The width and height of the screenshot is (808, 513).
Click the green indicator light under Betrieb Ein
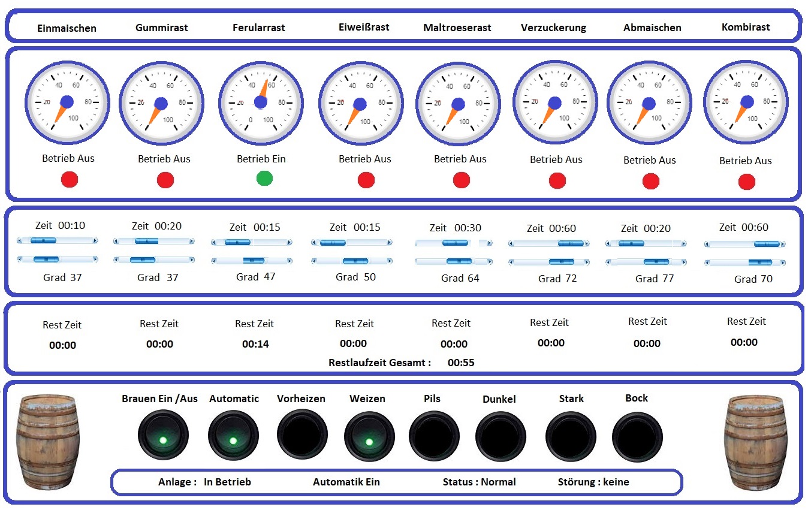[264, 179]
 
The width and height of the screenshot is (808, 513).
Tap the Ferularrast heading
[258, 28]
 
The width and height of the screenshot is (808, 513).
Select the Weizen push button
[369, 436]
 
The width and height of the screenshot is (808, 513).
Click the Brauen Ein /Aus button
[163, 435]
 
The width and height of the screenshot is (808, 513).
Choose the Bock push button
[637, 437]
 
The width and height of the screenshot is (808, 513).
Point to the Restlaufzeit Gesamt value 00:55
[461, 363]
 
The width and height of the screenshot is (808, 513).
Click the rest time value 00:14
[255, 344]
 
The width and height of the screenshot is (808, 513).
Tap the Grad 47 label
[255, 277]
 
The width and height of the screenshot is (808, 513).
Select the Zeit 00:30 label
[455, 228]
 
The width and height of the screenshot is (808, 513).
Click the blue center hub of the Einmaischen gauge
[67, 102]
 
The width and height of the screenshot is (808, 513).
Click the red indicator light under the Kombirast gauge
[747, 182]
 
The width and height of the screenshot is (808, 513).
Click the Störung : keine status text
[593, 482]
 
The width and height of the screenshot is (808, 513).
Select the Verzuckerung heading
[553, 28]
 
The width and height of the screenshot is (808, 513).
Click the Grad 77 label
[655, 279]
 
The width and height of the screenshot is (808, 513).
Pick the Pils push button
[435, 436]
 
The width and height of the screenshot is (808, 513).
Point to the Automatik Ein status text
[346, 482]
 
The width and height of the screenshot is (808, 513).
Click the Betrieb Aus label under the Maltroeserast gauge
[460, 159]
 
